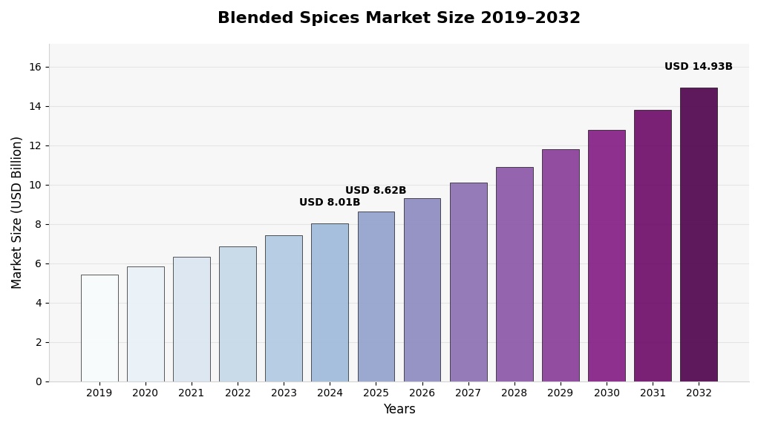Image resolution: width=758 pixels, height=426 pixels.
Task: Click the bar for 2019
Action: point(99,328)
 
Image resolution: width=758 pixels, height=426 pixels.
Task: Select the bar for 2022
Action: point(238,314)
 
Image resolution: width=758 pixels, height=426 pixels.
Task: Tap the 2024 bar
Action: point(330,302)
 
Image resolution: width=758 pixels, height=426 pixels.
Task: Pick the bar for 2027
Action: point(468,282)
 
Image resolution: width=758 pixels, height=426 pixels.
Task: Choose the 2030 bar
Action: point(607,255)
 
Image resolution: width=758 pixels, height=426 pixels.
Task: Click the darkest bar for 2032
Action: point(699,235)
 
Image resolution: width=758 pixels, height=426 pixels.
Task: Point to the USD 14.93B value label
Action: point(698,67)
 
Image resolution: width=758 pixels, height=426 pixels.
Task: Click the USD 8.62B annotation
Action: point(376,191)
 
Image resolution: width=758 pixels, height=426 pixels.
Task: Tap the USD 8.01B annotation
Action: point(330,203)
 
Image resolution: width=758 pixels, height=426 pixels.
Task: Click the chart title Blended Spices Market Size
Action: point(399,19)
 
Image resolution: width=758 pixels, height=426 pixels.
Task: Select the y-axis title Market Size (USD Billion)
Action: point(17,212)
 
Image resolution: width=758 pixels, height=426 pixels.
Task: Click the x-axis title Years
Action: point(399,410)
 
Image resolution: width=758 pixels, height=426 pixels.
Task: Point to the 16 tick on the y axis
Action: point(35,67)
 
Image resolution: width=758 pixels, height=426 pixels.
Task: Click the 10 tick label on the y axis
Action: point(35,185)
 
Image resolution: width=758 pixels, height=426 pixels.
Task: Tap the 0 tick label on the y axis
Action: point(38,381)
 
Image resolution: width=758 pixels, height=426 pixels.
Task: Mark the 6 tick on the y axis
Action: point(38,263)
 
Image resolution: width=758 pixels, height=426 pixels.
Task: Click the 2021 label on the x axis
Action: point(192,393)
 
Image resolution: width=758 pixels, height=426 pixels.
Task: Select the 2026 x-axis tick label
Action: point(422,393)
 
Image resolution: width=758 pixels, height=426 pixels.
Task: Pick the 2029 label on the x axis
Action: point(561,393)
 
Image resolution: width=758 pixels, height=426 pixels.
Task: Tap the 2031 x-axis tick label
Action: point(653,393)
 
